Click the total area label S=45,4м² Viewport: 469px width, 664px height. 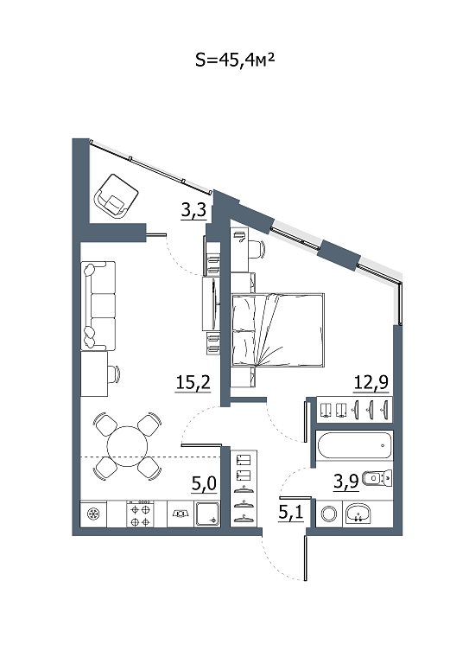[235, 61]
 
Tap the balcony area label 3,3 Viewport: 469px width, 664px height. [193, 210]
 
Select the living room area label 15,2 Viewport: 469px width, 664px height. [193, 383]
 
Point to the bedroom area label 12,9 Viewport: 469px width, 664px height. [371, 383]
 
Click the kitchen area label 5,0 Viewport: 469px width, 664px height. [204, 483]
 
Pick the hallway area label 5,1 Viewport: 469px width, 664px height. [290, 513]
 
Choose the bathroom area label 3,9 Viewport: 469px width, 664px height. [346, 481]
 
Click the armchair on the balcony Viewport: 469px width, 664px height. [117, 196]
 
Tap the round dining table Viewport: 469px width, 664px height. [127, 446]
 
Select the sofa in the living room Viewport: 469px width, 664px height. [98, 306]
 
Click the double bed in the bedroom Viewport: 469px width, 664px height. [278, 329]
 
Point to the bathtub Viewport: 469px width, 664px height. [354, 445]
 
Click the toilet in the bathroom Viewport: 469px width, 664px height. [377, 478]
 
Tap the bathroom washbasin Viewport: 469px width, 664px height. [358, 514]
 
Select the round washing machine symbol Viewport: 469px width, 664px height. [328, 514]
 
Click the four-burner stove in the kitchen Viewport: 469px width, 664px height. [140, 514]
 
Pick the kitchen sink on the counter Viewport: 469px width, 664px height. [181, 514]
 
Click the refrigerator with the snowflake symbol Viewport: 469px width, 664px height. [93, 514]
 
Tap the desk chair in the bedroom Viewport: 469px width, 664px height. [256, 249]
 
